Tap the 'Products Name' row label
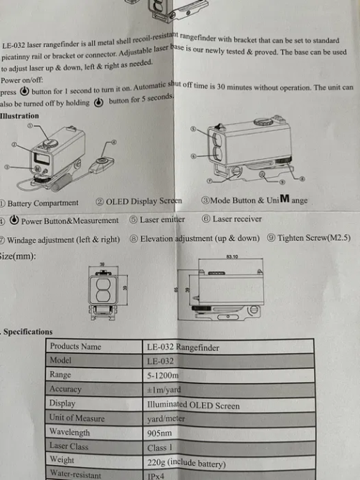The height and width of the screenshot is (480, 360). pos(75,347)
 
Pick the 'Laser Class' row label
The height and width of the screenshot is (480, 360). pos(69,446)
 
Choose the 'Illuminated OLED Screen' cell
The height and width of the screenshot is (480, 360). pos(194,405)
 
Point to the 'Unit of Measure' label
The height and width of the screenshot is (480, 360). pos(77,418)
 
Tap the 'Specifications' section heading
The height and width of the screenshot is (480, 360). pos(28,332)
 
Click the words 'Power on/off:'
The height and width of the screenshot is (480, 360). pos(22,80)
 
